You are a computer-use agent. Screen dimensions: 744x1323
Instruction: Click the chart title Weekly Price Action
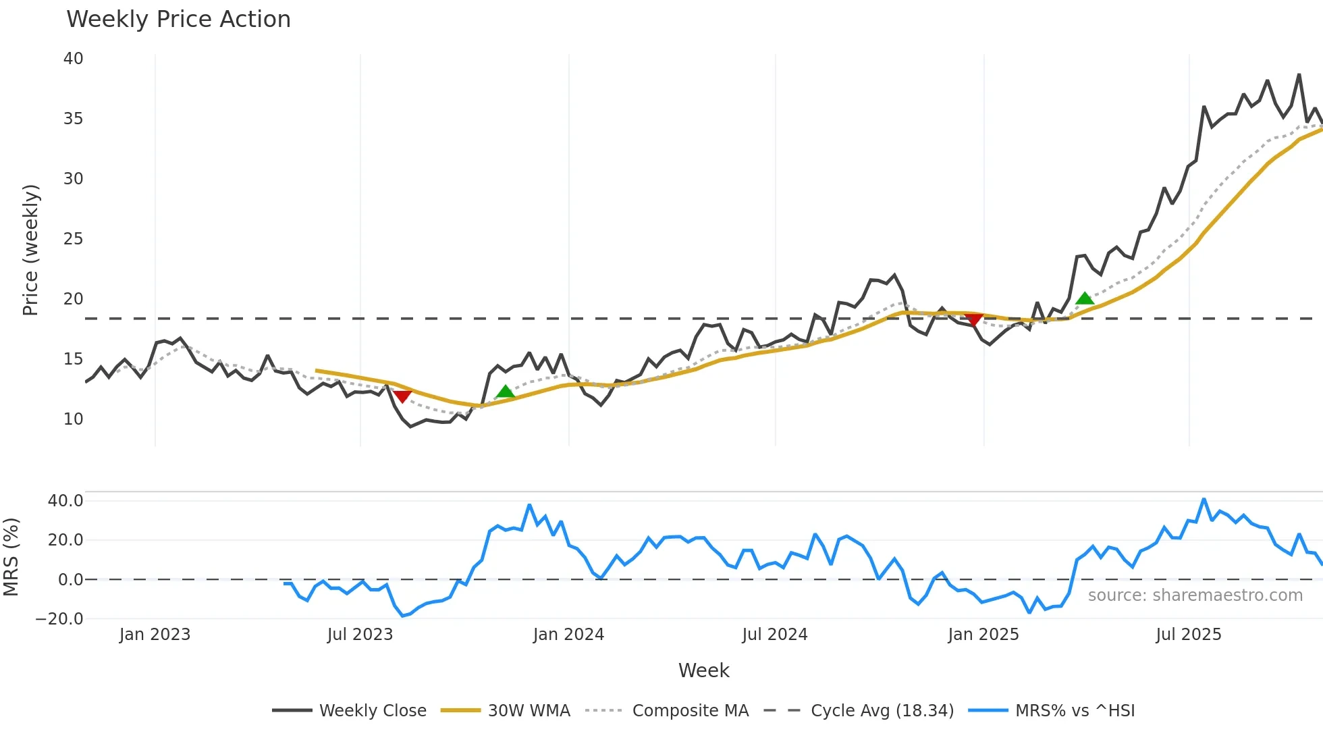(178, 20)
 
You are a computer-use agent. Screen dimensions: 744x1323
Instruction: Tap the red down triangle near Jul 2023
(402, 396)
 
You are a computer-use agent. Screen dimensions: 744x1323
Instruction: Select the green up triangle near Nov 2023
(505, 392)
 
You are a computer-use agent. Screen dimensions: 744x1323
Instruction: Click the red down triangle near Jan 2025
(973, 319)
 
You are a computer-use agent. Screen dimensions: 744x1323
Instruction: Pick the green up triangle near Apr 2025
(1084, 298)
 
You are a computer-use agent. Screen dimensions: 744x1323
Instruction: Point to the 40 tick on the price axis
(74, 59)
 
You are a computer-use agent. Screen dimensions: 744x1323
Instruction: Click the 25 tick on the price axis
(74, 239)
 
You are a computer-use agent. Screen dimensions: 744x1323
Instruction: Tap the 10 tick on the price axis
(74, 419)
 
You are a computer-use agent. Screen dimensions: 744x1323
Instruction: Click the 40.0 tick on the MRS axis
(65, 501)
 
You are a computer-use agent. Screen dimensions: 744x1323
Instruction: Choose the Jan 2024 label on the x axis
(568, 635)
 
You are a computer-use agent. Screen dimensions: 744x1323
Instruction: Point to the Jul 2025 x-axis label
(1188, 635)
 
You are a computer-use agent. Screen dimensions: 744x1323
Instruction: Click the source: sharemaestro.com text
(1195, 595)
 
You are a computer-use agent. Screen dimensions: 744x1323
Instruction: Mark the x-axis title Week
(703, 670)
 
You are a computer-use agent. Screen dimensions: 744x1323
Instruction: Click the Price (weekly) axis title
(30, 250)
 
